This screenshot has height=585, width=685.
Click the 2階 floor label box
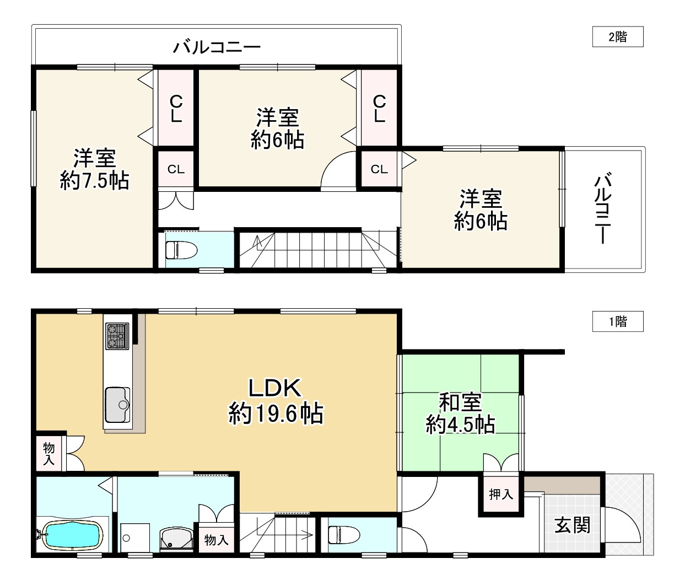618,36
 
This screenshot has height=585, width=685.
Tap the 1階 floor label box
618,321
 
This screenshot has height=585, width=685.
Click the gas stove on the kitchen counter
117,336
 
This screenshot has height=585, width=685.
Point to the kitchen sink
117,405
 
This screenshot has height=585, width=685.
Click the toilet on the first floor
344,535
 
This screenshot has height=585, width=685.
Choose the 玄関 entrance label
573,525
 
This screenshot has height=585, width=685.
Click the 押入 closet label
501,495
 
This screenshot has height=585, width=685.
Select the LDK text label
275,388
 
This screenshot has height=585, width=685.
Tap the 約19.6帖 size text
276,413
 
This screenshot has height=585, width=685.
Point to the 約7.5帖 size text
94,181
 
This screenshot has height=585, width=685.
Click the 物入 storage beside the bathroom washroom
216,540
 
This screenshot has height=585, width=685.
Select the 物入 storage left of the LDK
48,454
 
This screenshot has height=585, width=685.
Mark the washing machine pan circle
126,538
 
